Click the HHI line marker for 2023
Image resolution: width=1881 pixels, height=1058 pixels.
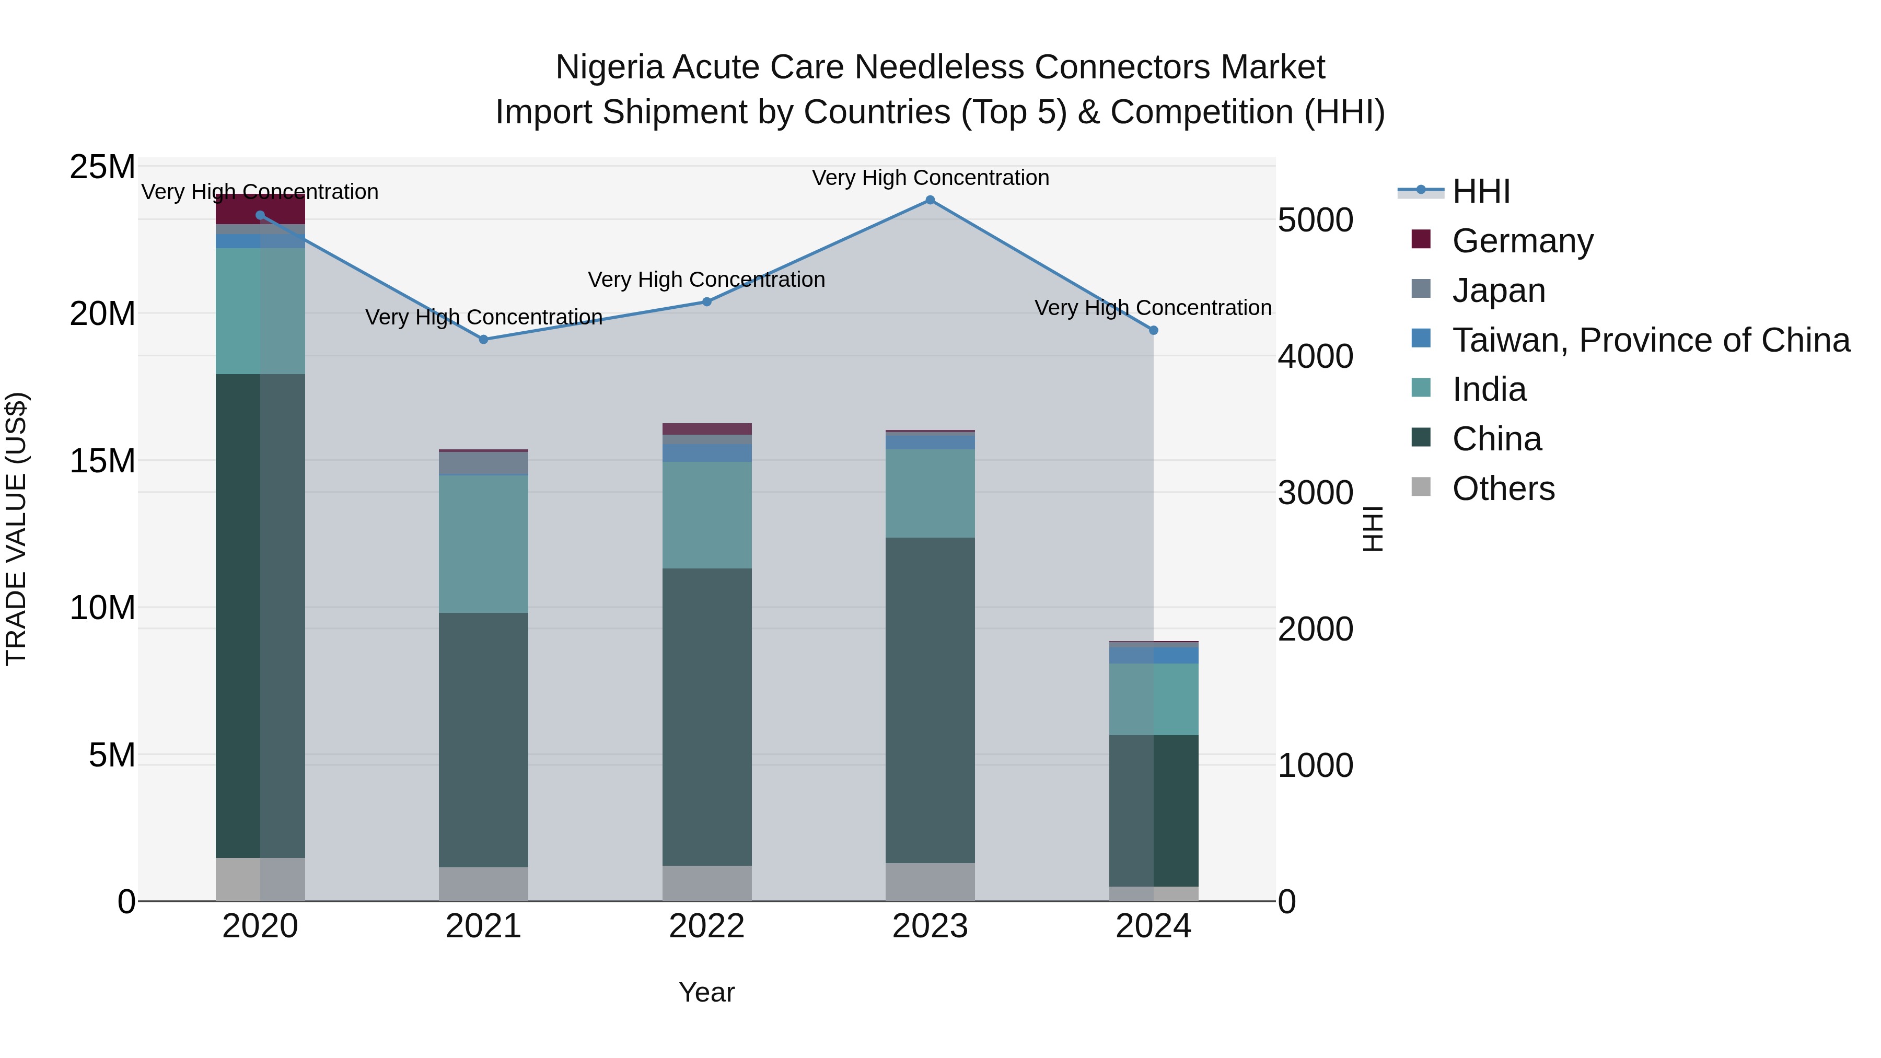(x=930, y=200)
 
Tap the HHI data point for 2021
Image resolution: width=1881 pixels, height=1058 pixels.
(x=483, y=340)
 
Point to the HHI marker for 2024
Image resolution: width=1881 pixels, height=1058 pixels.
(x=1154, y=330)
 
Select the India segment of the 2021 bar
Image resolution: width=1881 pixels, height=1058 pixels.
(x=483, y=544)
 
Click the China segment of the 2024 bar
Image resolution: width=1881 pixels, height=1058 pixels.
(x=1154, y=810)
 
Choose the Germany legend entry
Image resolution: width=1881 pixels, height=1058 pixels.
(x=1523, y=241)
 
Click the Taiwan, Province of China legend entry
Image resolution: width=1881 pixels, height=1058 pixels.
(x=1650, y=340)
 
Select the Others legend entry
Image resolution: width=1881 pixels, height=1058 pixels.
(x=1503, y=489)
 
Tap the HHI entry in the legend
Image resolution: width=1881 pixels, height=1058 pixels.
(x=1481, y=191)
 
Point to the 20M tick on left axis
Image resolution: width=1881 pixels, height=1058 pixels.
(x=102, y=314)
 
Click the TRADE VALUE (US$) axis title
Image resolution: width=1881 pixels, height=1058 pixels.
(x=16, y=529)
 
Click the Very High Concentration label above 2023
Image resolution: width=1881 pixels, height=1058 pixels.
(x=930, y=178)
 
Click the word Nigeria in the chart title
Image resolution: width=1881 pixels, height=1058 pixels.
(x=609, y=67)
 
